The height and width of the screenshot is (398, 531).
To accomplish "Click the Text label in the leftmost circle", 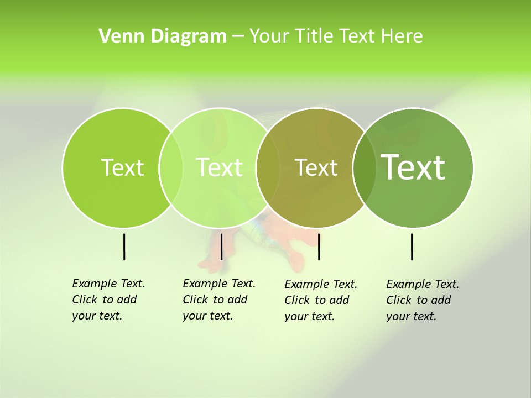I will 122,167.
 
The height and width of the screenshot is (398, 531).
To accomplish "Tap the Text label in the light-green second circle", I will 219,167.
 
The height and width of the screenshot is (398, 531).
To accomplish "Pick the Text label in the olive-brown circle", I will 316,167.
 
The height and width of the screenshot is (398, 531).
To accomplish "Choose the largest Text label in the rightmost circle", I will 413,167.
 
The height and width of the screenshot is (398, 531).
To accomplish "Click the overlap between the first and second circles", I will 171,168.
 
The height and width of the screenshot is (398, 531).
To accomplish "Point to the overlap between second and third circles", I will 268,168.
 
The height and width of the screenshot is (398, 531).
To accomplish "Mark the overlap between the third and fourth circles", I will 364,168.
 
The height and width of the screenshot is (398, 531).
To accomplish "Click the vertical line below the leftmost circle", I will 124,247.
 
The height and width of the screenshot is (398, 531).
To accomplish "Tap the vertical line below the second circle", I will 221,247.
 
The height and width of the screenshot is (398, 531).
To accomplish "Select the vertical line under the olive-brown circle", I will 319,247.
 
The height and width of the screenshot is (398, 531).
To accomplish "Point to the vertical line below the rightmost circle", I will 412,247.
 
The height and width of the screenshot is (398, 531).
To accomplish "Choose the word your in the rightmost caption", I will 397,316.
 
